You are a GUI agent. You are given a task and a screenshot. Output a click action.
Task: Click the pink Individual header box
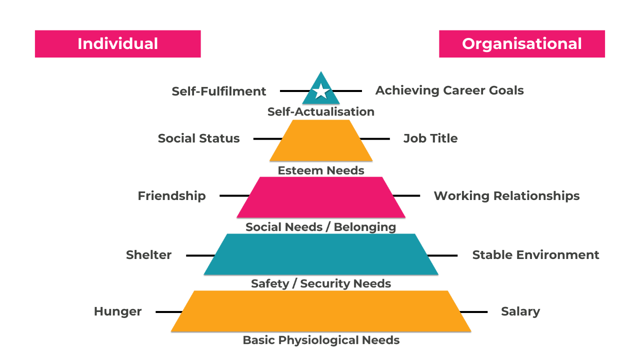(x=117, y=44)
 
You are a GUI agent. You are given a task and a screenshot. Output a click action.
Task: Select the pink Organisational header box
(x=522, y=44)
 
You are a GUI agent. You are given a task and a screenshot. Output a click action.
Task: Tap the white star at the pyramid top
(x=321, y=91)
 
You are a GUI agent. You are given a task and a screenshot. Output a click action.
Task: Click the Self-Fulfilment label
(x=219, y=91)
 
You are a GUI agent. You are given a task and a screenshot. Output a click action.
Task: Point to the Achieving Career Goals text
(x=449, y=90)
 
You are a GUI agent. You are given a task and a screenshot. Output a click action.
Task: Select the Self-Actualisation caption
(x=321, y=112)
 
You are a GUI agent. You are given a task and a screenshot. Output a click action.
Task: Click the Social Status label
(x=198, y=138)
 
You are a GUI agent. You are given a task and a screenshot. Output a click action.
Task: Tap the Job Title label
(x=430, y=138)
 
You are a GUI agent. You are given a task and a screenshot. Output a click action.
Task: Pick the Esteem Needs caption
(x=321, y=170)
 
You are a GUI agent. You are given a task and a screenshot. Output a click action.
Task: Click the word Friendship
(x=171, y=195)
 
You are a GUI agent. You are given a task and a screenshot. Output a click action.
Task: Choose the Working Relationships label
(x=506, y=195)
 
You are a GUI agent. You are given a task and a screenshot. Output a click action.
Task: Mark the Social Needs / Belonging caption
(x=321, y=227)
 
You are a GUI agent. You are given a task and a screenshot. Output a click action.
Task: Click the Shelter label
(x=148, y=255)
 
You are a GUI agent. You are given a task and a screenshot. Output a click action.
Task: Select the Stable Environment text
(x=535, y=255)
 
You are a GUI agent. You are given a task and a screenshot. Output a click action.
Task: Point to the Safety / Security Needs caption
(x=321, y=283)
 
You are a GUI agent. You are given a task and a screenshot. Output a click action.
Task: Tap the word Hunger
(x=118, y=311)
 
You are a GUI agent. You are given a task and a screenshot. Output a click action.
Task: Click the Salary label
(x=520, y=311)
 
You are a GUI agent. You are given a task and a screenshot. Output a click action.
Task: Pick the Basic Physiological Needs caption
(x=321, y=340)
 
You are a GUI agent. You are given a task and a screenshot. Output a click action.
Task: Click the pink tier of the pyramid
(x=321, y=197)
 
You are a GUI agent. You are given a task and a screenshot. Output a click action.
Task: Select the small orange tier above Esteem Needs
(x=321, y=140)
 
